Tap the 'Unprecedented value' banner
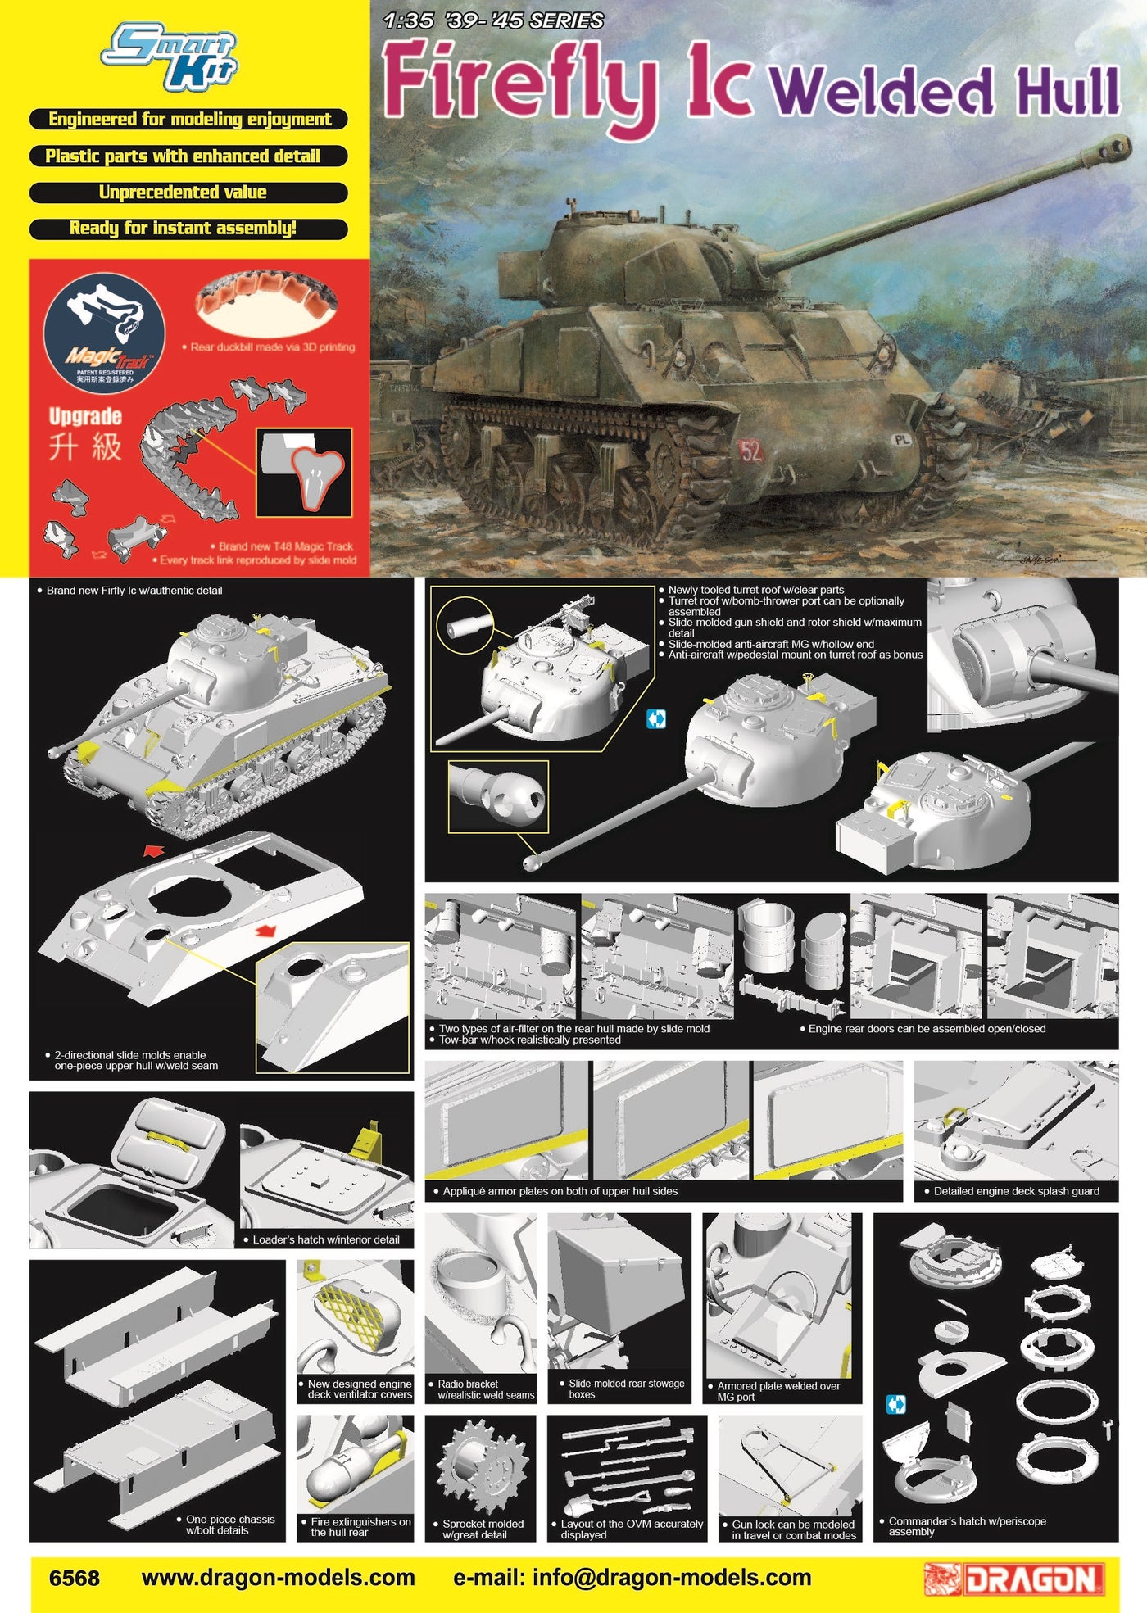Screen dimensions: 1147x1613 tap(188, 193)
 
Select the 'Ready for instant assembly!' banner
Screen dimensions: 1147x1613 tap(188, 229)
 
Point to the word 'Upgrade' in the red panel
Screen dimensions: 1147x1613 tap(85, 416)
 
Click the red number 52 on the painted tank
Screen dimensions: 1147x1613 tap(751, 451)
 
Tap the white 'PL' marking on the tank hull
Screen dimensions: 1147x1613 tap(902, 440)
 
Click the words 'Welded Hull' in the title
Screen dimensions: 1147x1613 tap(945, 91)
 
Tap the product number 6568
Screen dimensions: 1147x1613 tap(75, 1579)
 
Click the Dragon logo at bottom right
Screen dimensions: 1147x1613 tap(1015, 1579)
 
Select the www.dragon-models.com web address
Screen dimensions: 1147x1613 tap(278, 1578)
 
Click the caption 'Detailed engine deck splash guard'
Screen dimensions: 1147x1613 tap(1016, 1191)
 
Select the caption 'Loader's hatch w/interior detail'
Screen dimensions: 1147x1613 tap(326, 1239)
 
